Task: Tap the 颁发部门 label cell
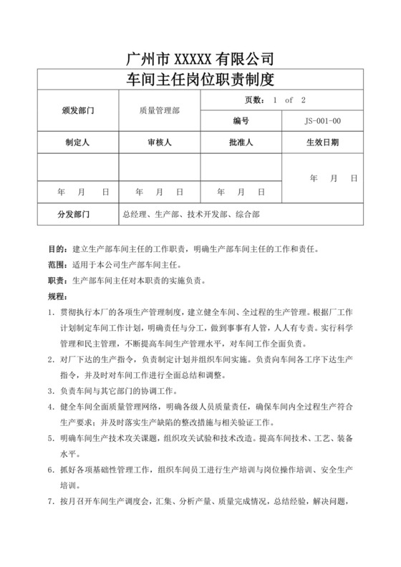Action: pos(79,111)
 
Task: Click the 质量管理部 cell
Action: pos(160,111)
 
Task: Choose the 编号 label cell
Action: pos(241,122)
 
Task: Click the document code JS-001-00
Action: pos(323,122)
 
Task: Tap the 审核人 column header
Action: pos(159,142)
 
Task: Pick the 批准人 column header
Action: pos(241,142)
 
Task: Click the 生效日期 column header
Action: pos(323,142)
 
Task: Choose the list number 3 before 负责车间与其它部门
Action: pos(49,392)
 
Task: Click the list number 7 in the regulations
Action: pos(49,501)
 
